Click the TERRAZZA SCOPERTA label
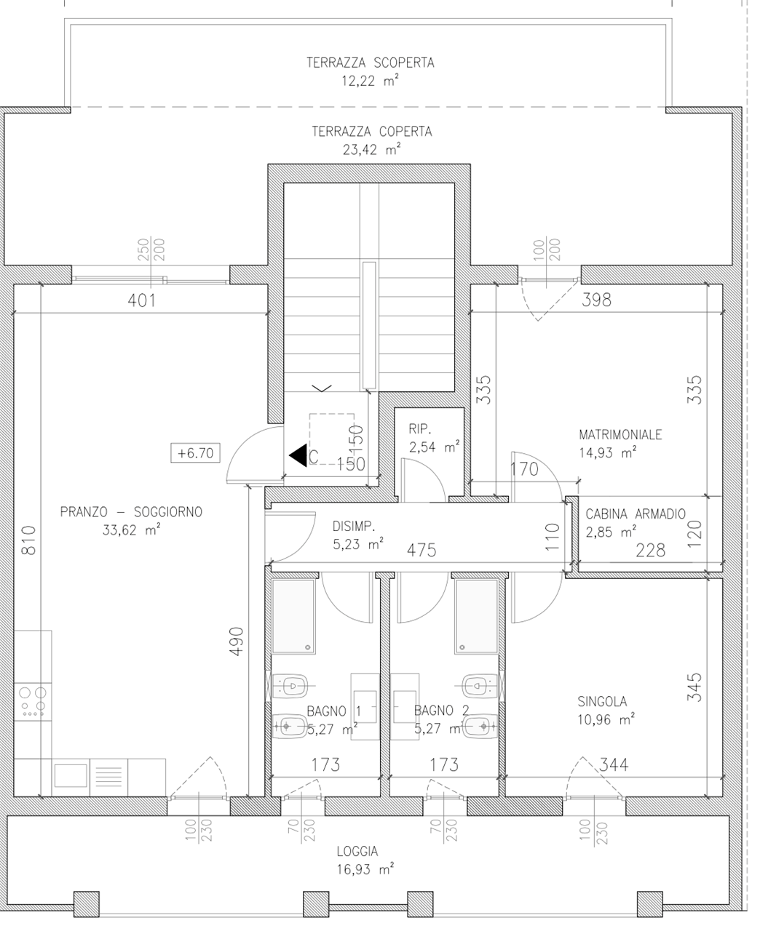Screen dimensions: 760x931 pyautogui.click(x=371, y=63)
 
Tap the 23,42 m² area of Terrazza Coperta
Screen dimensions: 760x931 pyautogui.click(x=371, y=150)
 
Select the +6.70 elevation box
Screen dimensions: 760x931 pyautogui.click(x=195, y=453)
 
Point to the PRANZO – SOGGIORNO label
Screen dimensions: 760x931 pyautogui.click(x=131, y=512)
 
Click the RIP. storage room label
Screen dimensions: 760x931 pyautogui.click(x=420, y=428)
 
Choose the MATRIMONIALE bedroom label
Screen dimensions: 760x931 pyautogui.click(x=620, y=435)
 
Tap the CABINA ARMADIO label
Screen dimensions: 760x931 pyautogui.click(x=636, y=514)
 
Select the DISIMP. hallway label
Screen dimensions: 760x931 pyautogui.click(x=354, y=526)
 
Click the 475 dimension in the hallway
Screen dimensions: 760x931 pyautogui.click(x=421, y=551)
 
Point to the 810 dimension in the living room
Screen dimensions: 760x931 pyautogui.click(x=28, y=540)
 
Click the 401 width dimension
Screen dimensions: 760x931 pyautogui.click(x=141, y=300)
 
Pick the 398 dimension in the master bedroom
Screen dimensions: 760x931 pyautogui.click(x=596, y=300)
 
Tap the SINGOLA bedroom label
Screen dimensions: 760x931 pyautogui.click(x=602, y=701)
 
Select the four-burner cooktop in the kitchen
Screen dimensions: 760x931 pyautogui.click(x=33, y=702)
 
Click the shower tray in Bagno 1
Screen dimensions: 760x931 pyautogui.click(x=293, y=617)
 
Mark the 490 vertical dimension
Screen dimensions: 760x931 pyautogui.click(x=237, y=642)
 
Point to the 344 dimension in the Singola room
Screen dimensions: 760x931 pyautogui.click(x=614, y=764)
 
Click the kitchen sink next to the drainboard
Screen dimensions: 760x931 pyautogui.click(x=71, y=775)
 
